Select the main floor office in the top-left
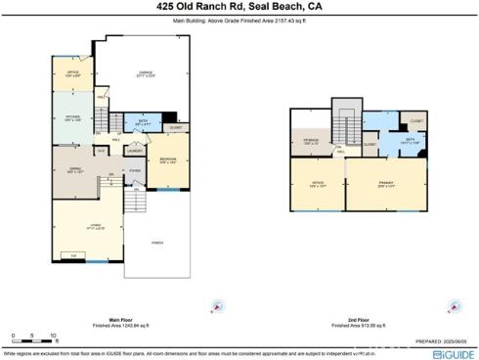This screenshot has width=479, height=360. pos(71,72)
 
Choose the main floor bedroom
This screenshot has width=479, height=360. pos(163,161)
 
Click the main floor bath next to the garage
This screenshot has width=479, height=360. pos(143,124)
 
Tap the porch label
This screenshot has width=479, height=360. pos(157,244)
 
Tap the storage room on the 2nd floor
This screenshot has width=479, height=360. pos(310,143)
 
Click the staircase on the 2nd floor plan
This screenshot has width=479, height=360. pos(345,123)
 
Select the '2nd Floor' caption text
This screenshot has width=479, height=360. pos(359,318)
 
